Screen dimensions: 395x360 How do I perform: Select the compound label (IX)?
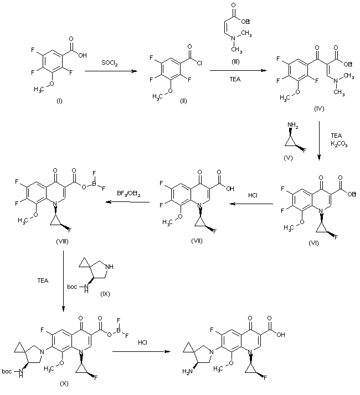pyautogui.click(x=106, y=293)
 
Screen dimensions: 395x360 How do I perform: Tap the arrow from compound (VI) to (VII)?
pyautogui.click(x=251, y=204)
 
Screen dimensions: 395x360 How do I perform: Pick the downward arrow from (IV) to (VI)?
pyautogui.click(x=320, y=144)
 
